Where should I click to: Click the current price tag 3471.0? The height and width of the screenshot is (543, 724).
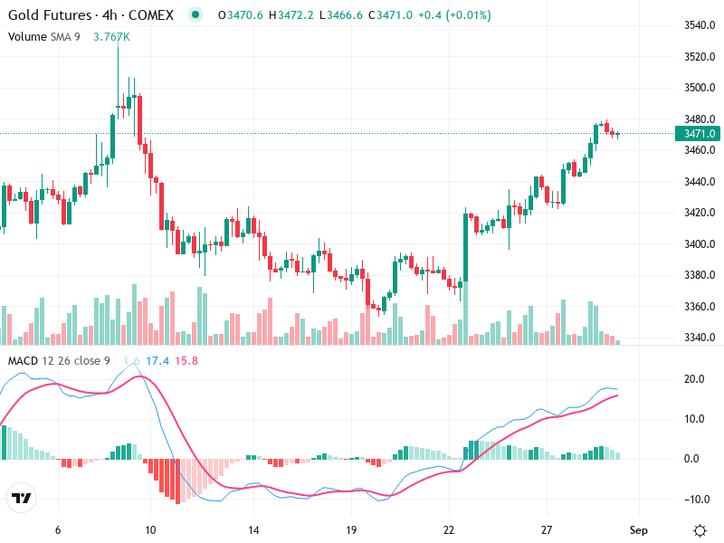point(700,134)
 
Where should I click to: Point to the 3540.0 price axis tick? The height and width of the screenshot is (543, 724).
point(700,25)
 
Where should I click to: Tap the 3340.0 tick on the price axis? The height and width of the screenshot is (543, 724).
point(700,338)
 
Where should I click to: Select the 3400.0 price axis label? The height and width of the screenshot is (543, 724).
point(700,244)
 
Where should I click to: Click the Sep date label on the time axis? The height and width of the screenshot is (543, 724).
point(639,530)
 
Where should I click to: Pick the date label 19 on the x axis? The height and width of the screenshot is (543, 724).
point(352,530)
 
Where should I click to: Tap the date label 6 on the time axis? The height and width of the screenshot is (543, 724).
point(58,530)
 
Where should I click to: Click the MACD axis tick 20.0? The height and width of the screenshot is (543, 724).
point(695,378)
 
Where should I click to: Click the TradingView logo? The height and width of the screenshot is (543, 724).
point(22,499)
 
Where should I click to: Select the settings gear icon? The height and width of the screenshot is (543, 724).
point(700,530)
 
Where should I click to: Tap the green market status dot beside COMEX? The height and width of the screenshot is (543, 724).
point(195,15)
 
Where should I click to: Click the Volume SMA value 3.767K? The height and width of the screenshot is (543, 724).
point(111,36)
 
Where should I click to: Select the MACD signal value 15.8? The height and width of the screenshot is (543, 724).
point(186,361)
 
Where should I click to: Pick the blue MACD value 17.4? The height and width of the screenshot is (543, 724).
point(158,361)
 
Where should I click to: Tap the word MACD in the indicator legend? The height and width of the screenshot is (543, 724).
point(23,361)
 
